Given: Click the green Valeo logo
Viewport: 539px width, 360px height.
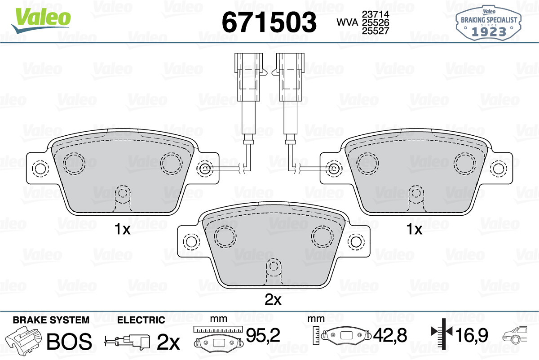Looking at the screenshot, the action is pos(41,21).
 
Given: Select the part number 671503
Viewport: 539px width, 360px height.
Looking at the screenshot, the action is pos(269,22).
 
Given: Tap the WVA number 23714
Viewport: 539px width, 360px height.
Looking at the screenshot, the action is pos(376,14).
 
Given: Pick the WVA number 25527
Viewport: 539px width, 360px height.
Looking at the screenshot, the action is pos(376,31).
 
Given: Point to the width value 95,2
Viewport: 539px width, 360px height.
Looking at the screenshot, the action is pos(263,335).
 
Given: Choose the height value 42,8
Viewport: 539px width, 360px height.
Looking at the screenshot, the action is pos(390,335).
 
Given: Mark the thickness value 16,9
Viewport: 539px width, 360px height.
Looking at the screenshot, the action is pos(471,335).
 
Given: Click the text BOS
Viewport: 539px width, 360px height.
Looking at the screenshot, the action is pos(69,341).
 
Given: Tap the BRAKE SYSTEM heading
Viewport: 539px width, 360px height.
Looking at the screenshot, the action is pos(51,320).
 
